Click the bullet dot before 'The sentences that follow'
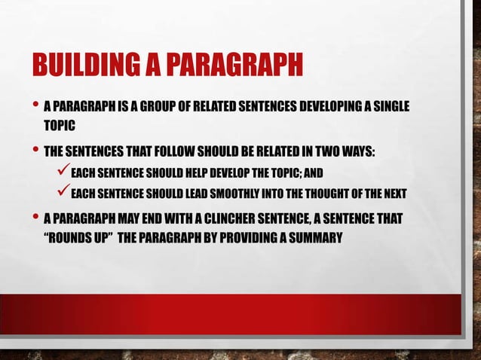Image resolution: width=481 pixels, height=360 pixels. [35, 149]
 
